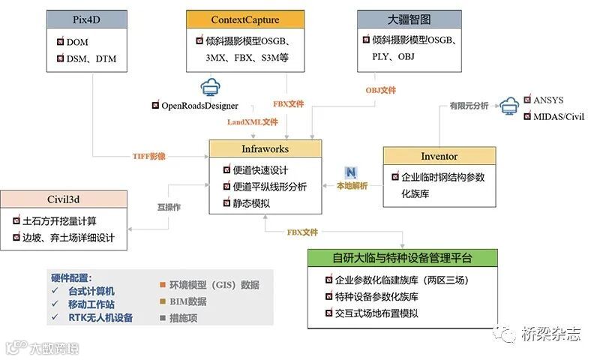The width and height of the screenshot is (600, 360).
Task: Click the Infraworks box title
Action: tap(265, 148)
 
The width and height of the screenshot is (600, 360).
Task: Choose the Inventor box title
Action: tap(439, 156)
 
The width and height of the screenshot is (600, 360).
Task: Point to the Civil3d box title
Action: tap(62, 199)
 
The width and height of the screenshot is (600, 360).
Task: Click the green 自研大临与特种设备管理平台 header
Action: tap(403, 258)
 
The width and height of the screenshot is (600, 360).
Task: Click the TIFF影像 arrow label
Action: tap(150, 157)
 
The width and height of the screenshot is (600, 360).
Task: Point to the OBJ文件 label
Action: tap(380, 90)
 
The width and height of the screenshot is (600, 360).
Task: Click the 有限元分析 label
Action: tap(469, 106)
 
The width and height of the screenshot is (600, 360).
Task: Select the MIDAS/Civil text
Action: tap(558, 116)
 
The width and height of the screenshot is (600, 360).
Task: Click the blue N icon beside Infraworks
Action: tap(349, 172)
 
